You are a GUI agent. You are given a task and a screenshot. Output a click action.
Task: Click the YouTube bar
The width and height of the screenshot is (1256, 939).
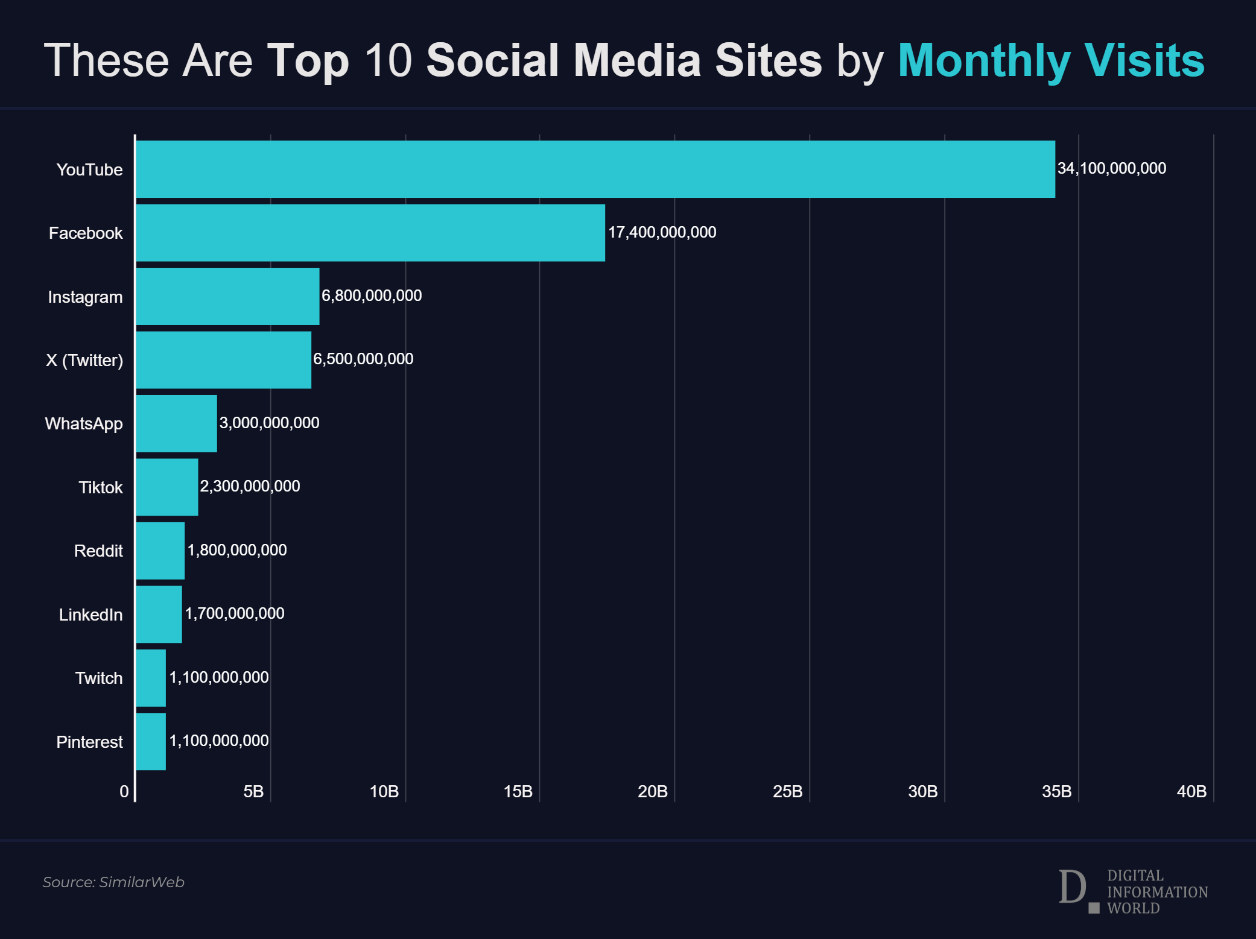[x=595, y=169]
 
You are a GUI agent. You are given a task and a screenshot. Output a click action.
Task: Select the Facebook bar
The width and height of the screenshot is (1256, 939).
[x=370, y=233]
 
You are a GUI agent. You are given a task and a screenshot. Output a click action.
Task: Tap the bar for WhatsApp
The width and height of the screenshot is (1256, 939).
[x=176, y=423]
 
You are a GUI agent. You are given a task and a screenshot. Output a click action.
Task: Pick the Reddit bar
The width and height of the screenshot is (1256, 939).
[x=160, y=551]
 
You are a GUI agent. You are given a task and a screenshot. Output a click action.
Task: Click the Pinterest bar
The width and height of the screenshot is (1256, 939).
[x=151, y=741]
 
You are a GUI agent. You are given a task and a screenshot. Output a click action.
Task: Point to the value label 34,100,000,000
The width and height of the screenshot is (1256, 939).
[x=1111, y=168]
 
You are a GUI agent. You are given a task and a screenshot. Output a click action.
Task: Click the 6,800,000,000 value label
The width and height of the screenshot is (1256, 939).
[x=372, y=296]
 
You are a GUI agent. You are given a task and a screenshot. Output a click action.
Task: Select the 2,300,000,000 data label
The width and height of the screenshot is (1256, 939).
[x=250, y=486]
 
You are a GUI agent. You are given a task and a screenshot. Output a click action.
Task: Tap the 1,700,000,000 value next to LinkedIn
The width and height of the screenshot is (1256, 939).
[x=234, y=613]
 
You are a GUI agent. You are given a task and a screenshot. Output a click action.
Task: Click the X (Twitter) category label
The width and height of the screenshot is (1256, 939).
[x=84, y=360]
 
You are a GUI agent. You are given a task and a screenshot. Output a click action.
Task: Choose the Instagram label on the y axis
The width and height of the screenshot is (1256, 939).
[x=85, y=297]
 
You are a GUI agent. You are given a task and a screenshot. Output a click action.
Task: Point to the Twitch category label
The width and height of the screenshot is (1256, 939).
[x=99, y=678]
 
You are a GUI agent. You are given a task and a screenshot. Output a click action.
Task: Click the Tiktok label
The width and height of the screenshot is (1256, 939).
[x=101, y=487]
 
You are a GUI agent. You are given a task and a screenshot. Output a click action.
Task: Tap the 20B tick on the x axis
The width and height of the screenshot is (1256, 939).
[x=653, y=791]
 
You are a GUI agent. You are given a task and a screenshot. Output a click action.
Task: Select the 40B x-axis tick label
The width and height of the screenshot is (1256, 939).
[x=1191, y=791]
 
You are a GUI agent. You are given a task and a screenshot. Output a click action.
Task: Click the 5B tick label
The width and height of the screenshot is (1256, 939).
[x=253, y=791]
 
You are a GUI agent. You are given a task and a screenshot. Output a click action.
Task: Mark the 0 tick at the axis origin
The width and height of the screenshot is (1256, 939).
[x=124, y=791]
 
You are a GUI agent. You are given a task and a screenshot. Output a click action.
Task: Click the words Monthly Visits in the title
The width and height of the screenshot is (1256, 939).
[x=1051, y=60]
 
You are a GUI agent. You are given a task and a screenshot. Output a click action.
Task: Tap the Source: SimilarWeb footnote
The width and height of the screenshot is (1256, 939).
[x=113, y=882]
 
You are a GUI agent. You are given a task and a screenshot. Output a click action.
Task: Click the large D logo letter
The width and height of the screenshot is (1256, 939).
[x=1073, y=887]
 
